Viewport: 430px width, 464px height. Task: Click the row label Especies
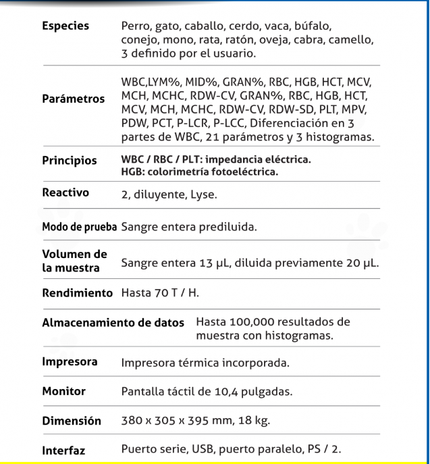point(65,26)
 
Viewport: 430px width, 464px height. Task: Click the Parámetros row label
point(74,99)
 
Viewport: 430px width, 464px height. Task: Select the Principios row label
point(69,161)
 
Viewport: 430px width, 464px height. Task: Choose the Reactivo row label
point(66,192)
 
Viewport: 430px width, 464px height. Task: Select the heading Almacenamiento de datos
point(113,323)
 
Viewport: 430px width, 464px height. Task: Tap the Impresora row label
point(69,362)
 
